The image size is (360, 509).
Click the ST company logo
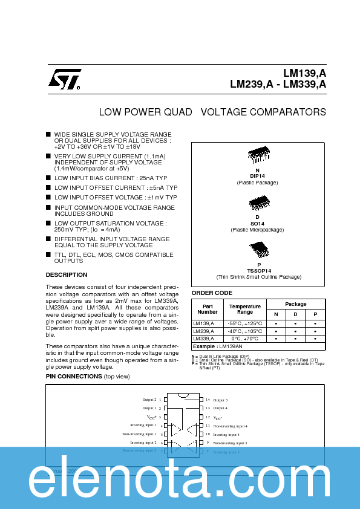64,79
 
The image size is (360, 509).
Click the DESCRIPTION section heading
67,275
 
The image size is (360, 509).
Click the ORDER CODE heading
212,293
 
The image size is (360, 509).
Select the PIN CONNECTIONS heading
74,377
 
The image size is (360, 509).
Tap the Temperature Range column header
245,310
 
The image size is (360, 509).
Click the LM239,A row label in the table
203,331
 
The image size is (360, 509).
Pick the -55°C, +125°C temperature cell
245,323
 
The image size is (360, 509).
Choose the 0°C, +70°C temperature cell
245,339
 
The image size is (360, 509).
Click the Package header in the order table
296,304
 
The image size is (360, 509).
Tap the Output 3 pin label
220,400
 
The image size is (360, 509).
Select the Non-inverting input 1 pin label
139,434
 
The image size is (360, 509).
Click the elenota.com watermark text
180,481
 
